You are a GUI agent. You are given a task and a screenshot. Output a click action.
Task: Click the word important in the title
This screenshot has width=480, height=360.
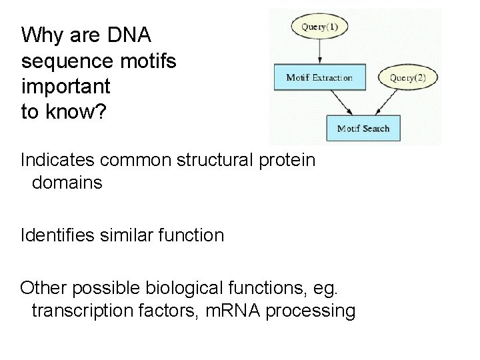(x=65, y=87)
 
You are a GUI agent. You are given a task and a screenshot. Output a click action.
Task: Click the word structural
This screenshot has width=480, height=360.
(x=219, y=161)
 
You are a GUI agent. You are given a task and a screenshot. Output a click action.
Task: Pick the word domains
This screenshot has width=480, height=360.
(x=67, y=183)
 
